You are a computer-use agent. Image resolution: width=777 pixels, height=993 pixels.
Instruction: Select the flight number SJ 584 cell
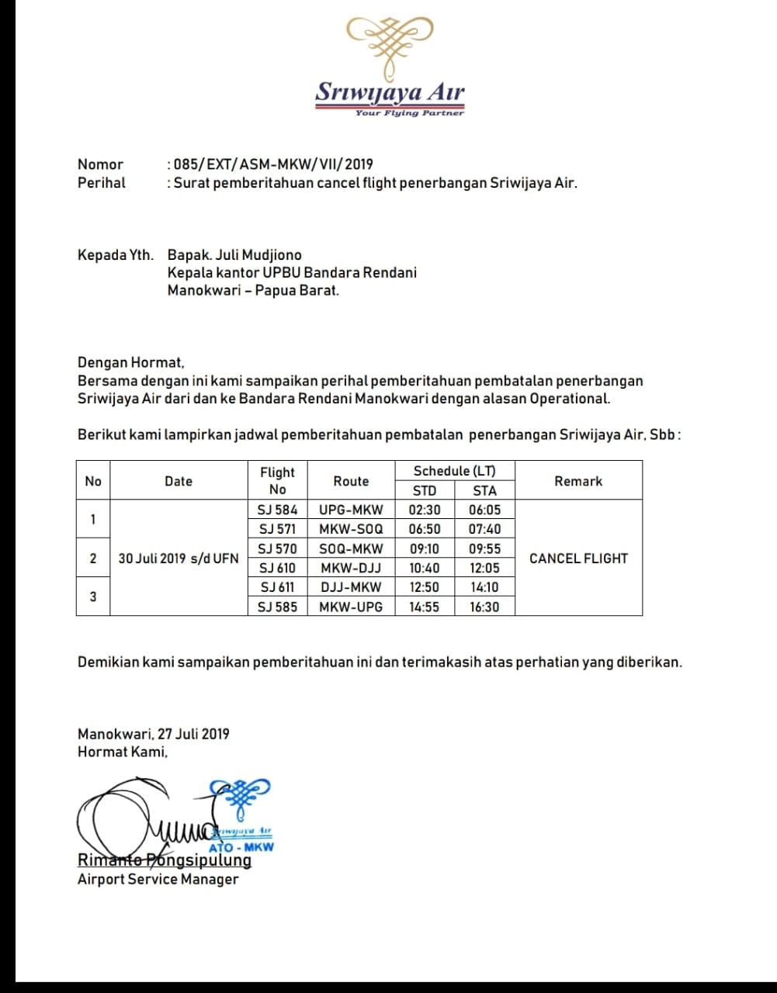click(277, 510)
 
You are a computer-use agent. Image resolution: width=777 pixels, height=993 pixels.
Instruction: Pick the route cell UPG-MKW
click(351, 510)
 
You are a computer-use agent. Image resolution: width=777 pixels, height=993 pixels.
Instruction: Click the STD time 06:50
click(425, 529)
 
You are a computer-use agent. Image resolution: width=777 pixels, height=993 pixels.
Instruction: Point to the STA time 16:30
click(484, 607)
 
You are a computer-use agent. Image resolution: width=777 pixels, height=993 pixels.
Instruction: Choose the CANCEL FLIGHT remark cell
click(578, 558)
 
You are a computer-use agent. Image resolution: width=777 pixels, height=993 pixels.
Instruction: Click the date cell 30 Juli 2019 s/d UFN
click(178, 558)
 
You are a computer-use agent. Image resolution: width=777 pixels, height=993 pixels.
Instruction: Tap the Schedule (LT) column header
click(454, 471)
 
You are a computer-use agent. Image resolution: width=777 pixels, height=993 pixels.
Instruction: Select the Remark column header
click(578, 481)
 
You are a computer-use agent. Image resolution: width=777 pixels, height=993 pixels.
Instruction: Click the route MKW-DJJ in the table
click(351, 568)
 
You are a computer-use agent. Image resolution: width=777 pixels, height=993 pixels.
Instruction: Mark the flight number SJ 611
click(277, 587)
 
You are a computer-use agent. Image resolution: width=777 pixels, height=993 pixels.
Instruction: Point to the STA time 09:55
click(484, 548)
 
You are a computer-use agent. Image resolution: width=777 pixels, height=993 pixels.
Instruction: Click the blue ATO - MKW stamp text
click(241, 847)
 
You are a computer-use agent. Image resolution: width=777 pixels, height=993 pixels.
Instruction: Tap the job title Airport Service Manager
click(158, 879)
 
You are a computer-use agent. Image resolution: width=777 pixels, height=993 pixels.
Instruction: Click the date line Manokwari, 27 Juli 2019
click(153, 734)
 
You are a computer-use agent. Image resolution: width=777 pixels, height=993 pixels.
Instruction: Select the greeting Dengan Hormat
click(130, 362)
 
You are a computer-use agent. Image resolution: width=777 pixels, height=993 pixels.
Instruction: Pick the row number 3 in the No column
click(93, 597)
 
